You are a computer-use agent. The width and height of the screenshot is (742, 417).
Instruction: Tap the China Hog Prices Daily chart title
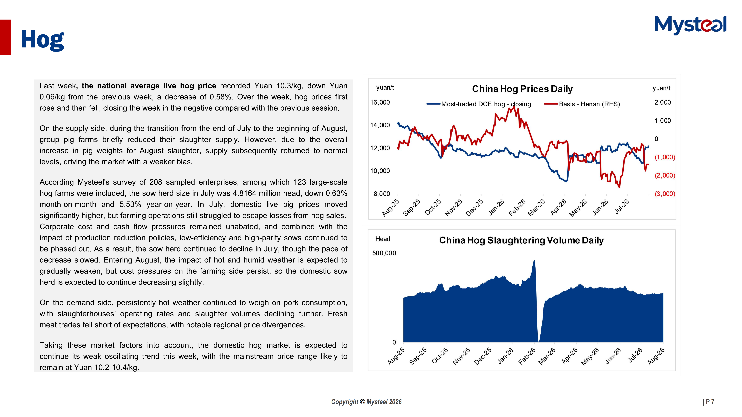[x=522, y=89]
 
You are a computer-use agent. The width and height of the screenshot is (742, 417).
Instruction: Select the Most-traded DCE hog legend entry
[x=479, y=104]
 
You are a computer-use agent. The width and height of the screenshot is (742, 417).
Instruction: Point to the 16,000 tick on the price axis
[x=380, y=103]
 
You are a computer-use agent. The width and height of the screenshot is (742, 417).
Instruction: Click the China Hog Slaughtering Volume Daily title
[x=521, y=240]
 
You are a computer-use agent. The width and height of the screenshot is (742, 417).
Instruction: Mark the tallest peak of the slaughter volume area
[x=534, y=260]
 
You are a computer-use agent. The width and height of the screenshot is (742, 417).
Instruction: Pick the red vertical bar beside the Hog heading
[x=5, y=37]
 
